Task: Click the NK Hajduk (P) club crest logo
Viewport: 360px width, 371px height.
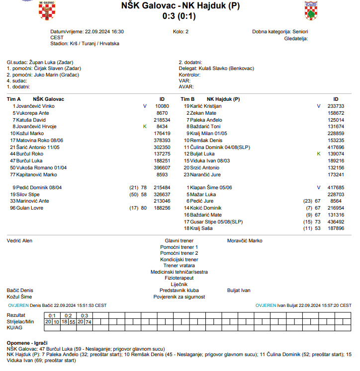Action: tap(311, 11)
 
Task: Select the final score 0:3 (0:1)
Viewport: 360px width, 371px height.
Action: tap(180, 16)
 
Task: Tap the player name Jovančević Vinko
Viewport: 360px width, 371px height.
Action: tap(35, 106)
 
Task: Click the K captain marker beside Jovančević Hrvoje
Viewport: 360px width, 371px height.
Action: tap(145, 127)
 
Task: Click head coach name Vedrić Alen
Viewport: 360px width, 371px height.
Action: tap(19, 241)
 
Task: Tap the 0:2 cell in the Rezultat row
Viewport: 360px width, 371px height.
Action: tap(68, 315)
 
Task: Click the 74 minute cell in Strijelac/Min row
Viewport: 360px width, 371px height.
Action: tap(89, 322)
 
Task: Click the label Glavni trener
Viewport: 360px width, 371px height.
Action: tap(179, 241)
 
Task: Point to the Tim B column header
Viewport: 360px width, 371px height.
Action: tap(187, 99)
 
